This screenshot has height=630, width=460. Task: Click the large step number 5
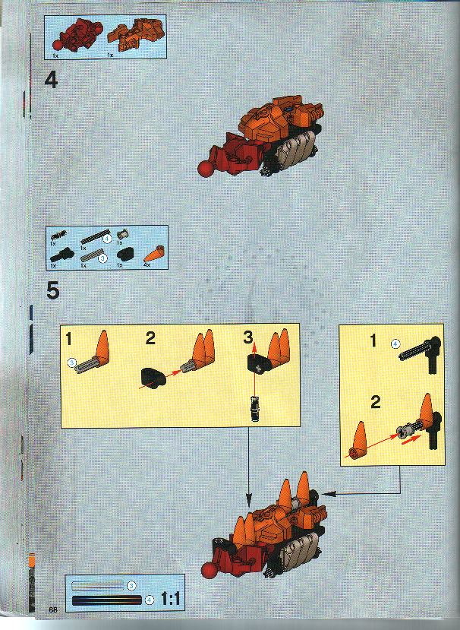pos(52,291)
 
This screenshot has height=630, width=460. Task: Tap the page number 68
pos(52,609)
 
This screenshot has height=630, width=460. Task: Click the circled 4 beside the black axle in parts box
pos(107,238)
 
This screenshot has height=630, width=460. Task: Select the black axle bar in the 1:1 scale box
pos(106,600)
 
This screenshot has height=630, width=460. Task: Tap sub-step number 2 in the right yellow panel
pos(374,402)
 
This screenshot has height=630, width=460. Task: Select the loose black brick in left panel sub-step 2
pos(154,375)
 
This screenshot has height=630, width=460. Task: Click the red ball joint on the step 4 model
pos(206,168)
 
